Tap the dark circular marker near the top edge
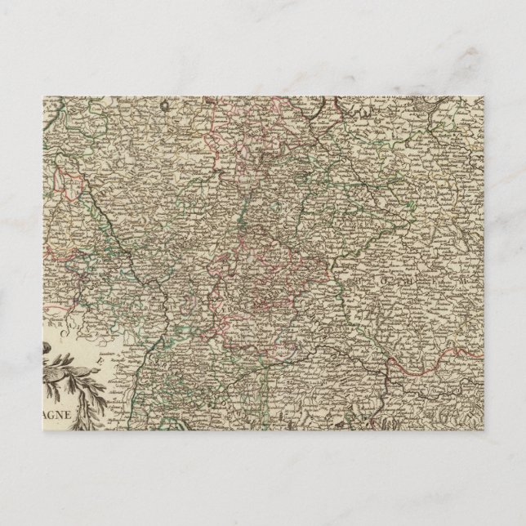164,105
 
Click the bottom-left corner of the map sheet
42,430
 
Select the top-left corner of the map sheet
42,96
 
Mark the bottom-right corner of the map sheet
485,430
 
